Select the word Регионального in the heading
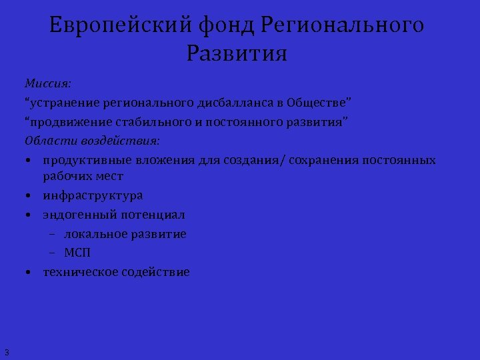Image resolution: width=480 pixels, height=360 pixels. pyautogui.click(x=343, y=25)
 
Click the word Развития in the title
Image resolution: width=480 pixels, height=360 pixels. pyautogui.click(x=237, y=53)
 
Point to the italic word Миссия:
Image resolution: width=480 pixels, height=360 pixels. pyautogui.click(x=48, y=85)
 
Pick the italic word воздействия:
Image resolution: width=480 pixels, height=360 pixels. pyautogui.click(x=121, y=141)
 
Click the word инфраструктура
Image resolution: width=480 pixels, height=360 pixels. pyautogui.click(x=93, y=196)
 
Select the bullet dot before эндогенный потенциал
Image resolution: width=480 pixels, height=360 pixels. pyautogui.click(x=29, y=215)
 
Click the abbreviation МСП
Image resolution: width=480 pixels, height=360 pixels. pyautogui.click(x=77, y=253)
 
